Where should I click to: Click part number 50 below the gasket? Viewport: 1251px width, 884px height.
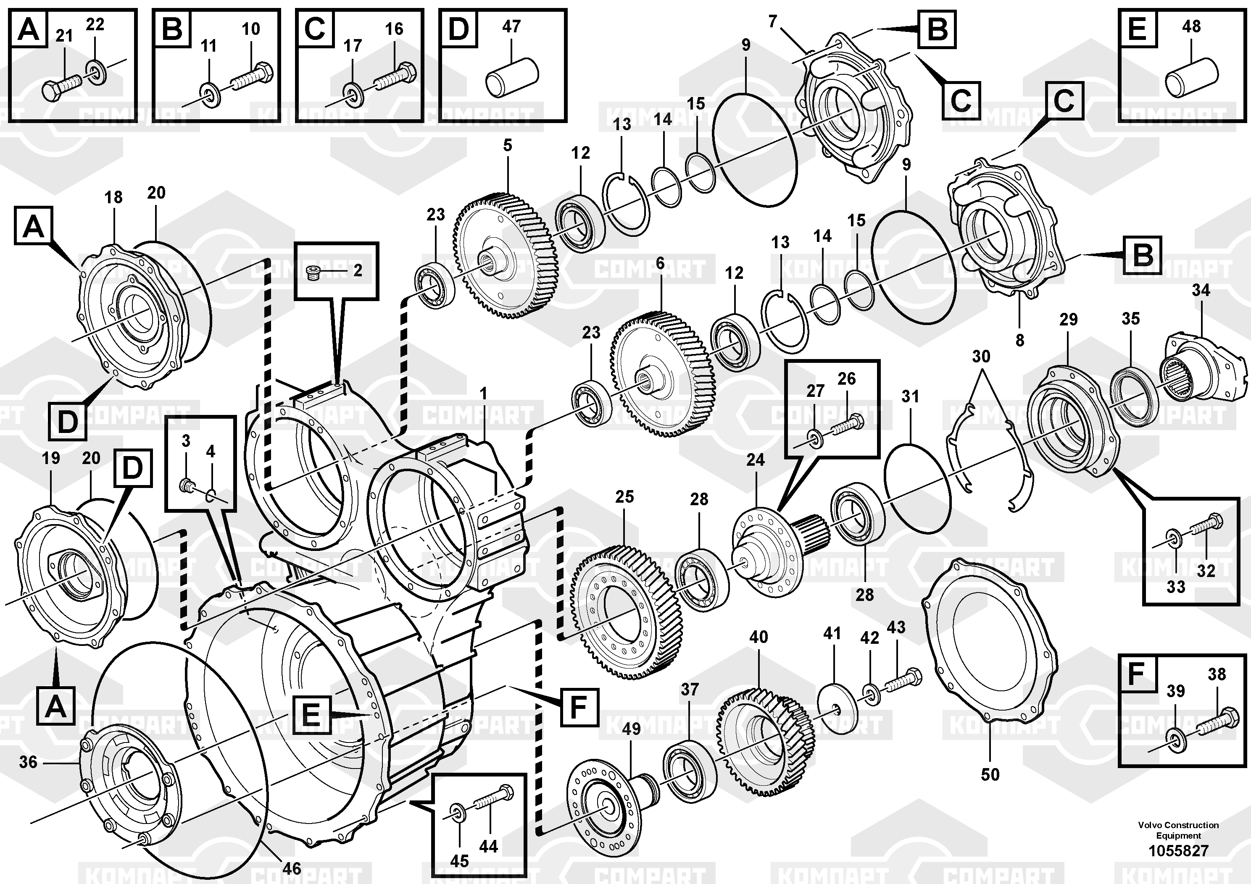pos(990,774)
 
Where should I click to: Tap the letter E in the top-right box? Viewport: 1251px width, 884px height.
pos(1137,28)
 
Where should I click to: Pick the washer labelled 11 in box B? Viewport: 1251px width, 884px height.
pos(210,93)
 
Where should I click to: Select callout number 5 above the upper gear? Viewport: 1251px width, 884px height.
pos(507,145)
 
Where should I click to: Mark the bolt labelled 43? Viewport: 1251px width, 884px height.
pos(902,680)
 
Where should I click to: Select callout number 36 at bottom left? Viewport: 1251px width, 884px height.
pos(28,761)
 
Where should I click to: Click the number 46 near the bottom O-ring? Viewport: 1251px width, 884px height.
pos(292,868)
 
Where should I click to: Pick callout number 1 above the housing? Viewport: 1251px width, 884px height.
pos(483,393)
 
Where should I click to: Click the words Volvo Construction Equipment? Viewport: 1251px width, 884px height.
pos(1178,830)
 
